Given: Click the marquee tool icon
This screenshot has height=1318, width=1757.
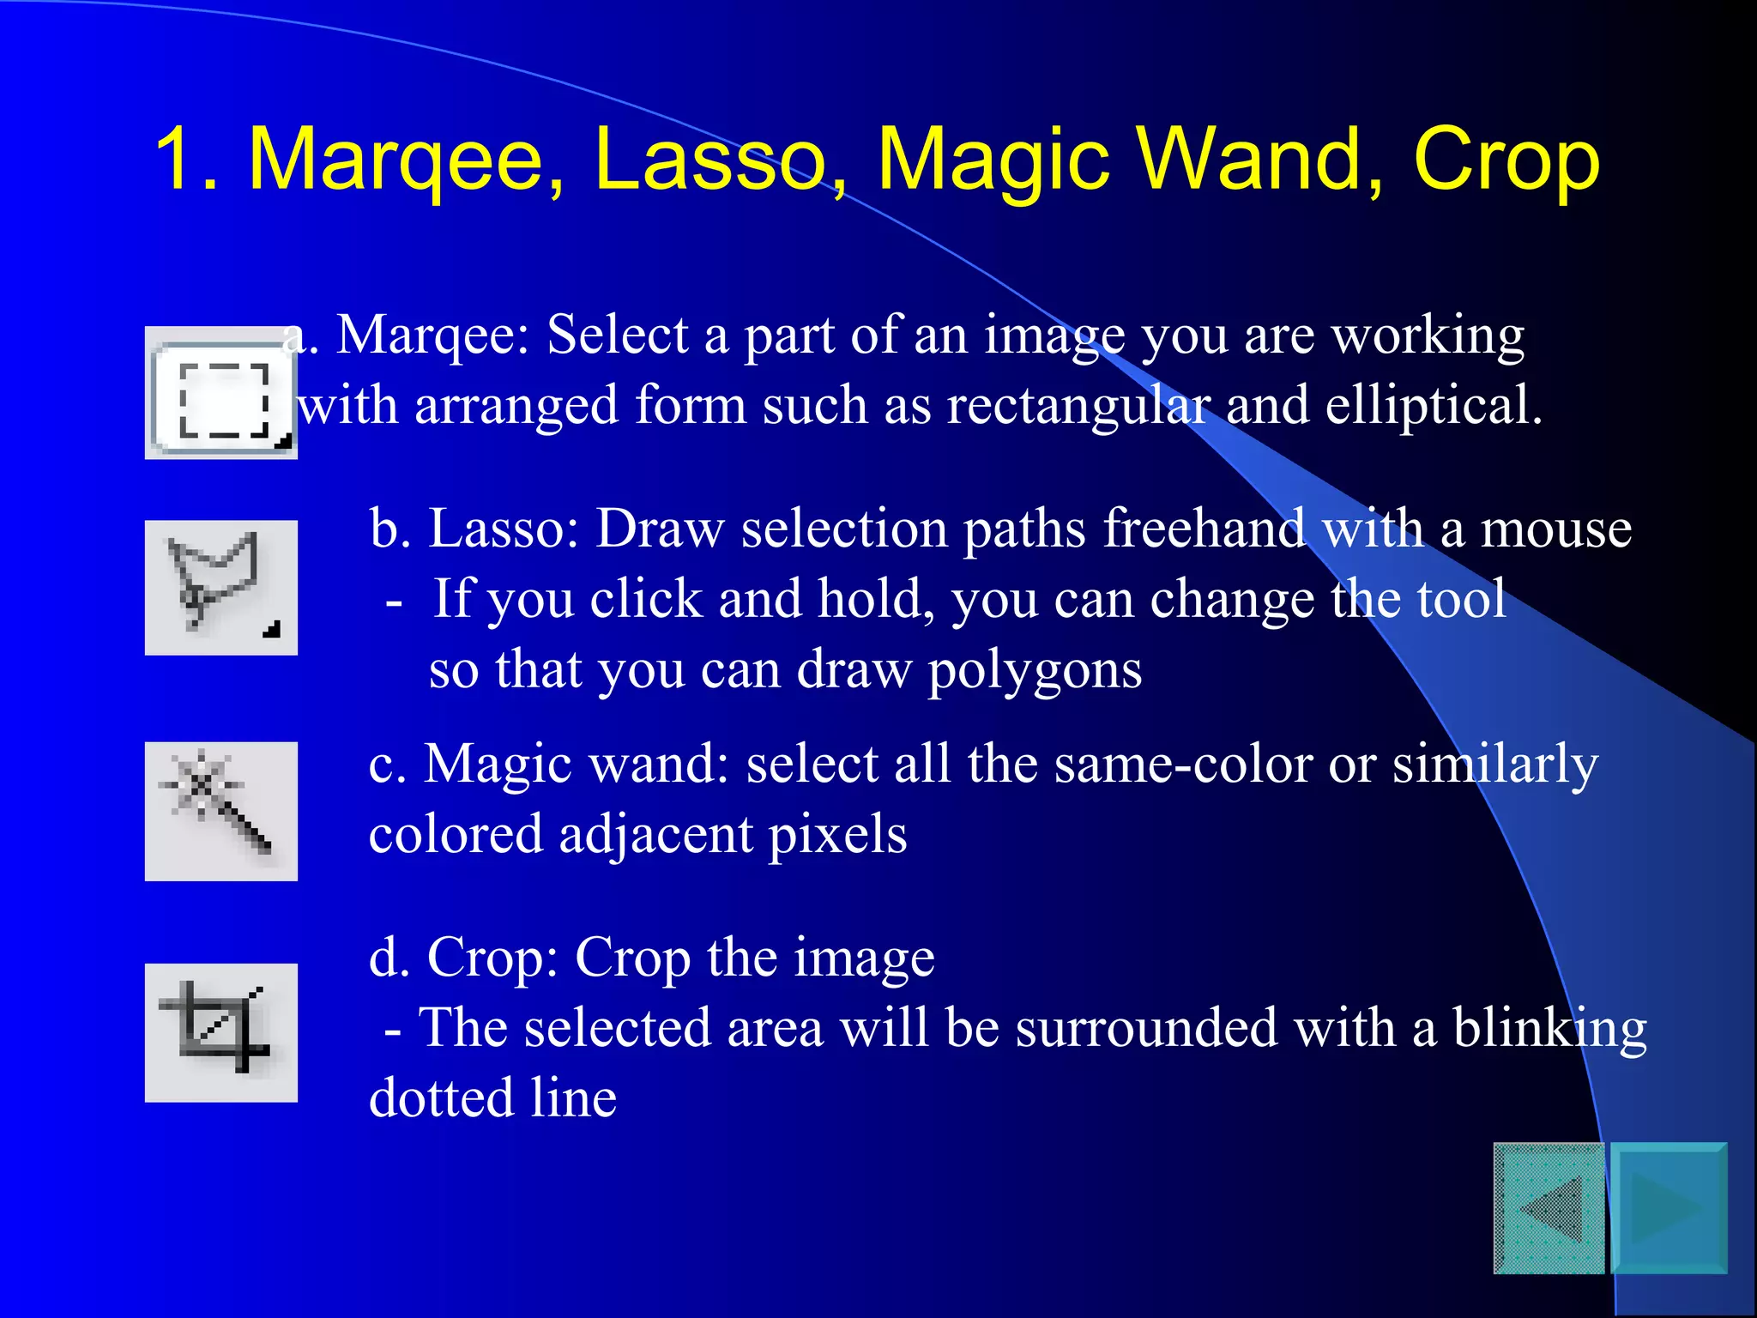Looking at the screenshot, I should pos(221,394).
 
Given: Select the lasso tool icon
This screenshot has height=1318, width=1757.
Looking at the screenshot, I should pos(221,588).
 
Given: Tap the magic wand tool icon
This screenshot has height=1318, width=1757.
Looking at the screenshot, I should pos(221,811).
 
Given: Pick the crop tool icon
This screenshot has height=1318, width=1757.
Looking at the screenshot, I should pos(221,1032).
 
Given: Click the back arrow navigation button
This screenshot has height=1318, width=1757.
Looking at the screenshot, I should pos(1549,1208).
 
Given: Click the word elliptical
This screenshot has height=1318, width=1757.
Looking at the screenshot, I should pos(1434,405).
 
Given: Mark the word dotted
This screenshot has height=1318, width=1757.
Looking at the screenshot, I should pos(441,1098).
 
